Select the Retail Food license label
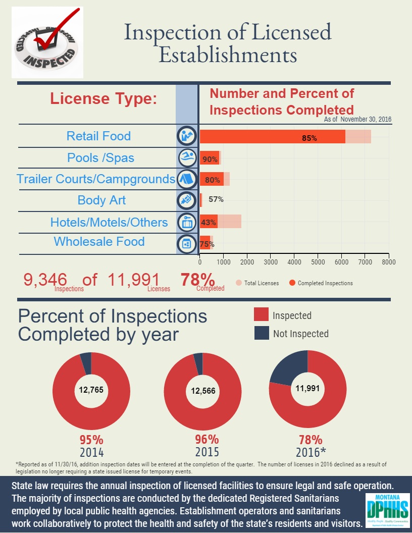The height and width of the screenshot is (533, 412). click(98, 136)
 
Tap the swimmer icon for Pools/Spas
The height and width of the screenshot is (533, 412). click(187, 157)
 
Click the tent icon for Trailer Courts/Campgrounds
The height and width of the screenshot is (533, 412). click(187, 179)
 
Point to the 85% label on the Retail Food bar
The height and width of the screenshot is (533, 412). click(310, 138)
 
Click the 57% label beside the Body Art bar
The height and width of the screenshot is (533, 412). click(216, 199)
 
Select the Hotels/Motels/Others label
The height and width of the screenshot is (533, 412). click(109, 222)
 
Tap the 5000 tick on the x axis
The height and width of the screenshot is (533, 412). click(318, 262)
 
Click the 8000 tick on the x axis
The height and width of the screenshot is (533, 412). click(388, 262)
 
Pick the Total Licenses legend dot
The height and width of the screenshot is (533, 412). click(239, 283)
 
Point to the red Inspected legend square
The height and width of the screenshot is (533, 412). click(262, 315)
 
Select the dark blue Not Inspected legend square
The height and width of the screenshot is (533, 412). click(262, 333)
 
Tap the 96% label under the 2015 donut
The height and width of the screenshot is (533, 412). click(207, 439)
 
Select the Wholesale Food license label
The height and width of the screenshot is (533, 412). click(99, 241)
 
